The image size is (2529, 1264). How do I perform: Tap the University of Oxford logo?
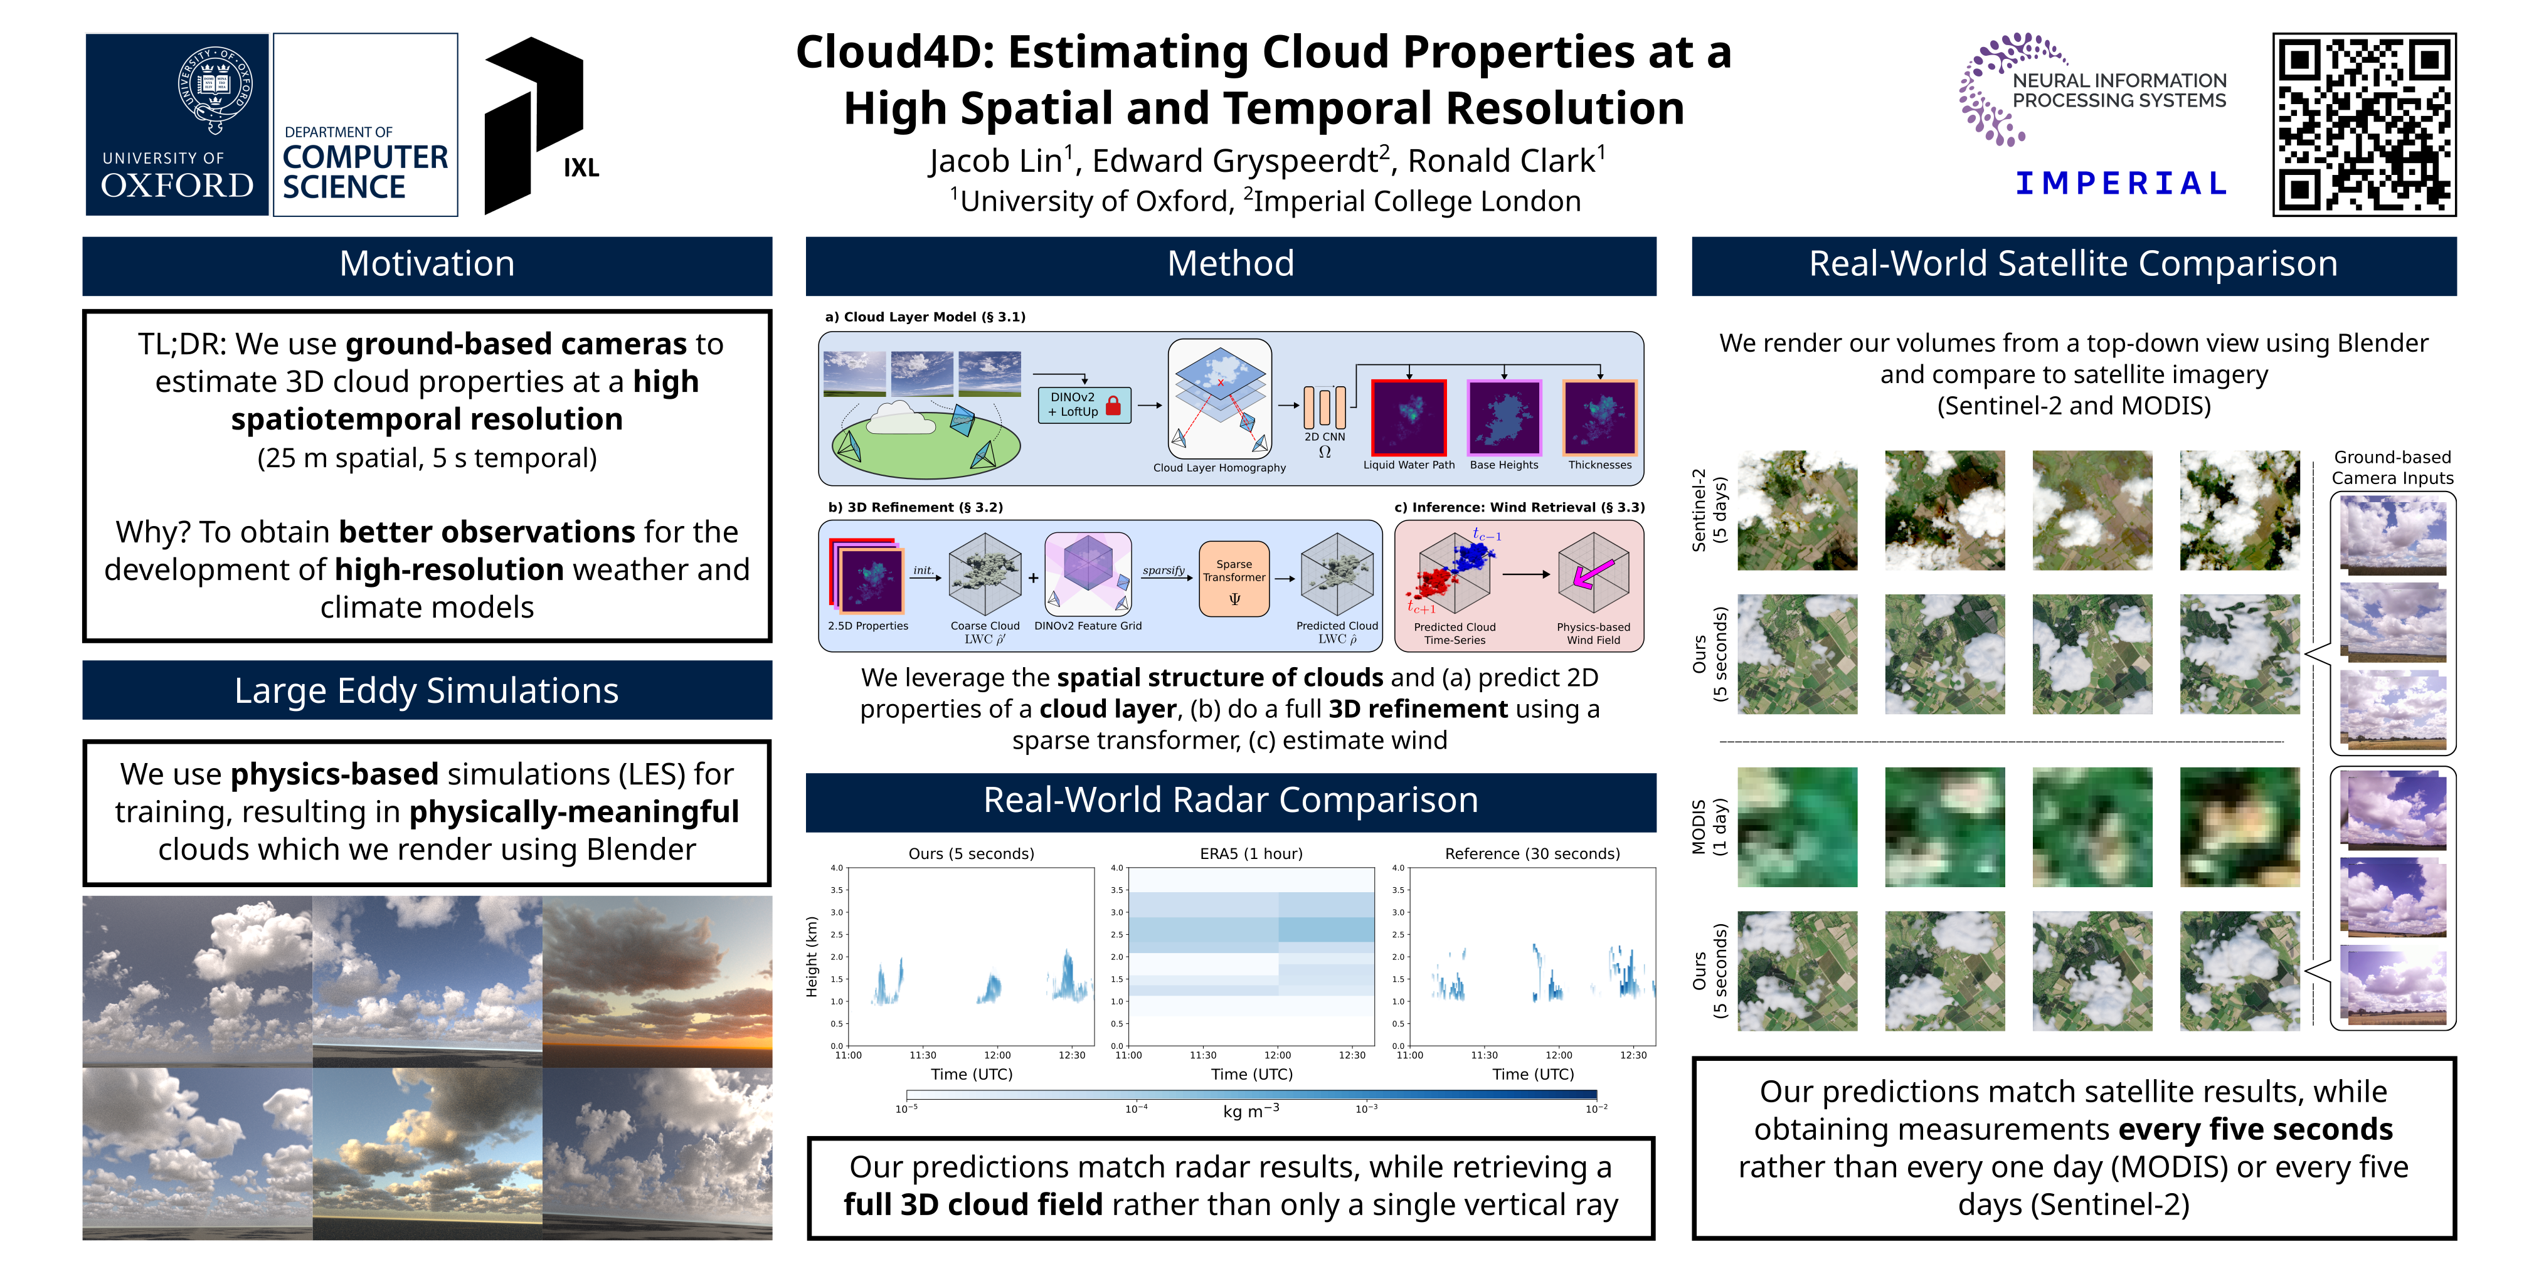tap(177, 125)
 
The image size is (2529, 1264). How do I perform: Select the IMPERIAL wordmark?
tap(2121, 184)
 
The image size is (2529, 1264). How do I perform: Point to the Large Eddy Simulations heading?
tap(427, 691)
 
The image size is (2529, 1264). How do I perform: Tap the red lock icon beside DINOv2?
tap(1113, 405)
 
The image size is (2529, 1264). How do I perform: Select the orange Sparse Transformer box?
tap(1234, 579)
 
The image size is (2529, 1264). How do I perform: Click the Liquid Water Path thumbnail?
tap(1409, 416)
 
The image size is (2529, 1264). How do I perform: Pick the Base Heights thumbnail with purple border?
tap(1504, 416)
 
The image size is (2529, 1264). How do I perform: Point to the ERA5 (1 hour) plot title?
tap(1251, 854)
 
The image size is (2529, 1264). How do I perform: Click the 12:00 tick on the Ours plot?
tap(997, 1056)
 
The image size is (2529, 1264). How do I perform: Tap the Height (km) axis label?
tap(812, 957)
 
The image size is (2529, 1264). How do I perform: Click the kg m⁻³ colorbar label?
tap(1250, 1111)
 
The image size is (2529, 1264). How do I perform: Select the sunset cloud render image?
tap(657, 981)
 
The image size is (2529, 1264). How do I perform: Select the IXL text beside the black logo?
tap(581, 168)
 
